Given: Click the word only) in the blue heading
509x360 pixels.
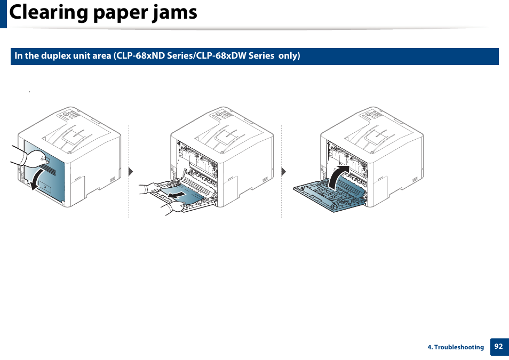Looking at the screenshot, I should (x=289, y=55).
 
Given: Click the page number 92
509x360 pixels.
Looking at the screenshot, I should (x=498, y=346).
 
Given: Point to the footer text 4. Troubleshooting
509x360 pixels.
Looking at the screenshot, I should (x=455, y=347).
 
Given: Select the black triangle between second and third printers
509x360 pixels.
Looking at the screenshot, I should (x=283, y=172).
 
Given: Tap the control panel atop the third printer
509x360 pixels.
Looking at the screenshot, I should (x=374, y=115).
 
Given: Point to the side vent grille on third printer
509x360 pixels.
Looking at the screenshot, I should (x=418, y=180).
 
